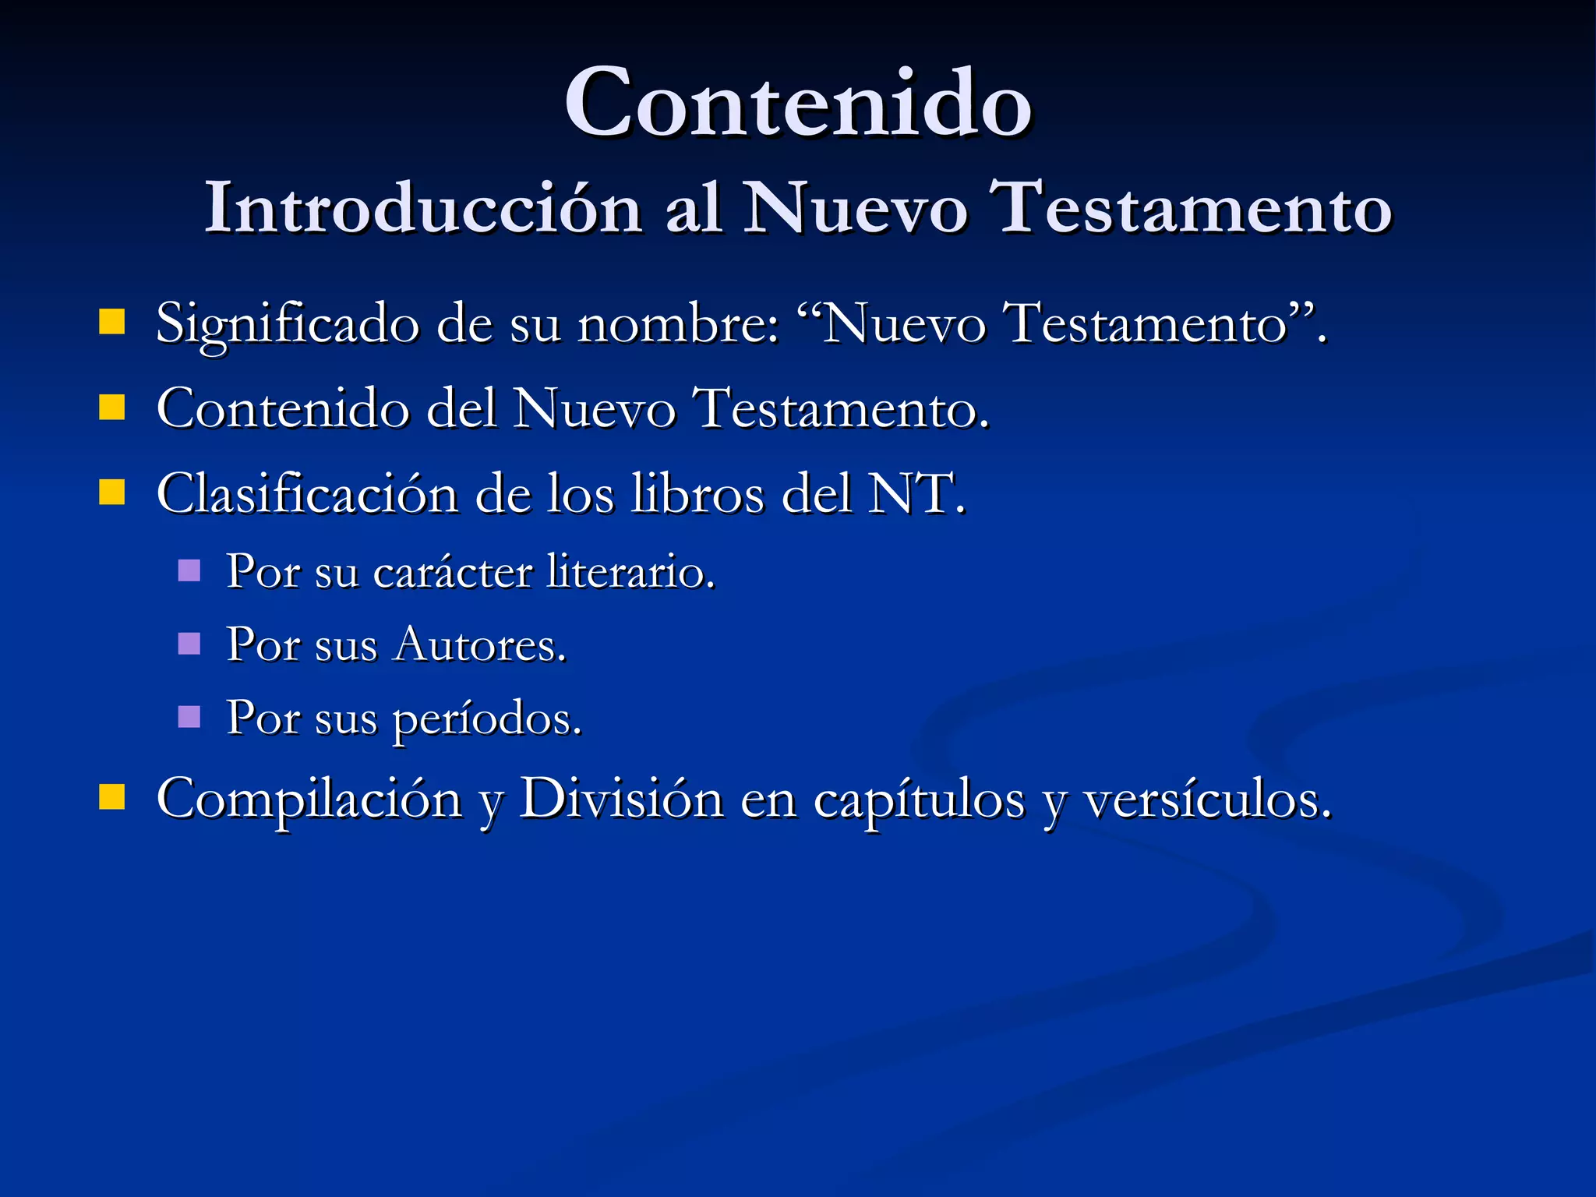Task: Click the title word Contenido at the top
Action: [x=798, y=103]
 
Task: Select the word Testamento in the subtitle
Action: [x=1192, y=208]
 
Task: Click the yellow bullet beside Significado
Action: [x=112, y=321]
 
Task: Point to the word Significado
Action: [x=288, y=324]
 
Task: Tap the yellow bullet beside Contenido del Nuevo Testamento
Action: [x=112, y=406]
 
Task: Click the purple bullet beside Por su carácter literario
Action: [x=189, y=570]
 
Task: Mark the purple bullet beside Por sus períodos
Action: [x=189, y=716]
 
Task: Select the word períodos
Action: [x=486, y=719]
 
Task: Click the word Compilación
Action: [x=309, y=800]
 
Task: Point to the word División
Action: [x=621, y=798]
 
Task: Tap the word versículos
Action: [x=1207, y=800]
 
